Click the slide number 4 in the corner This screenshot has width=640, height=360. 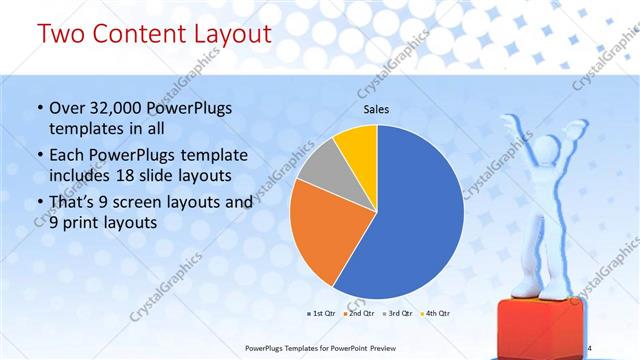point(589,347)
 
